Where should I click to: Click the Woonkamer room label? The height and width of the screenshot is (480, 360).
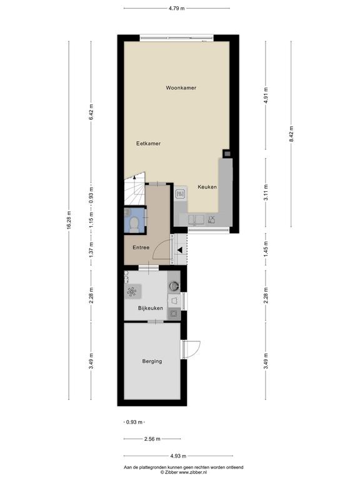click(x=181, y=88)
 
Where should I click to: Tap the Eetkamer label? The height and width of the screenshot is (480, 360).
click(x=149, y=143)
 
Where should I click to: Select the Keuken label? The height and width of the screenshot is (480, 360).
click(x=207, y=187)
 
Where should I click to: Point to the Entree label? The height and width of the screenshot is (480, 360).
click(x=141, y=247)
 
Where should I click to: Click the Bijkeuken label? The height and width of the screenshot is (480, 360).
click(x=151, y=308)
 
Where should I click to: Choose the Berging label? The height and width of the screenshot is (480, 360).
click(x=152, y=361)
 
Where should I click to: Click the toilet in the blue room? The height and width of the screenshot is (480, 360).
click(x=134, y=225)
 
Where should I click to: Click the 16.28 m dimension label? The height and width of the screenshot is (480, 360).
click(x=69, y=220)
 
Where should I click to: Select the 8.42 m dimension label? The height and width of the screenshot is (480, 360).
click(x=291, y=134)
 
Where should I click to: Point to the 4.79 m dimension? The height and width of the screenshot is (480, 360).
click(x=177, y=8)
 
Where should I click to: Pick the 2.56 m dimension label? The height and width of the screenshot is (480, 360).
click(x=152, y=439)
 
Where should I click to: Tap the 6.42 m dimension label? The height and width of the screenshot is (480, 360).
click(x=91, y=112)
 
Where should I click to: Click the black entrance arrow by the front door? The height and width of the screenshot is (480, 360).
click(x=180, y=250)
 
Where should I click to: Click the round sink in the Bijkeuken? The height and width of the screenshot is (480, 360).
click(x=174, y=286)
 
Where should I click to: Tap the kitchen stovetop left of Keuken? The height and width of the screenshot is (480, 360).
click(x=180, y=194)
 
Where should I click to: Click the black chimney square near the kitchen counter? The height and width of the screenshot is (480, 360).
click(x=226, y=154)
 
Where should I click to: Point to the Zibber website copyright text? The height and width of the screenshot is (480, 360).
click(x=183, y=472)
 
